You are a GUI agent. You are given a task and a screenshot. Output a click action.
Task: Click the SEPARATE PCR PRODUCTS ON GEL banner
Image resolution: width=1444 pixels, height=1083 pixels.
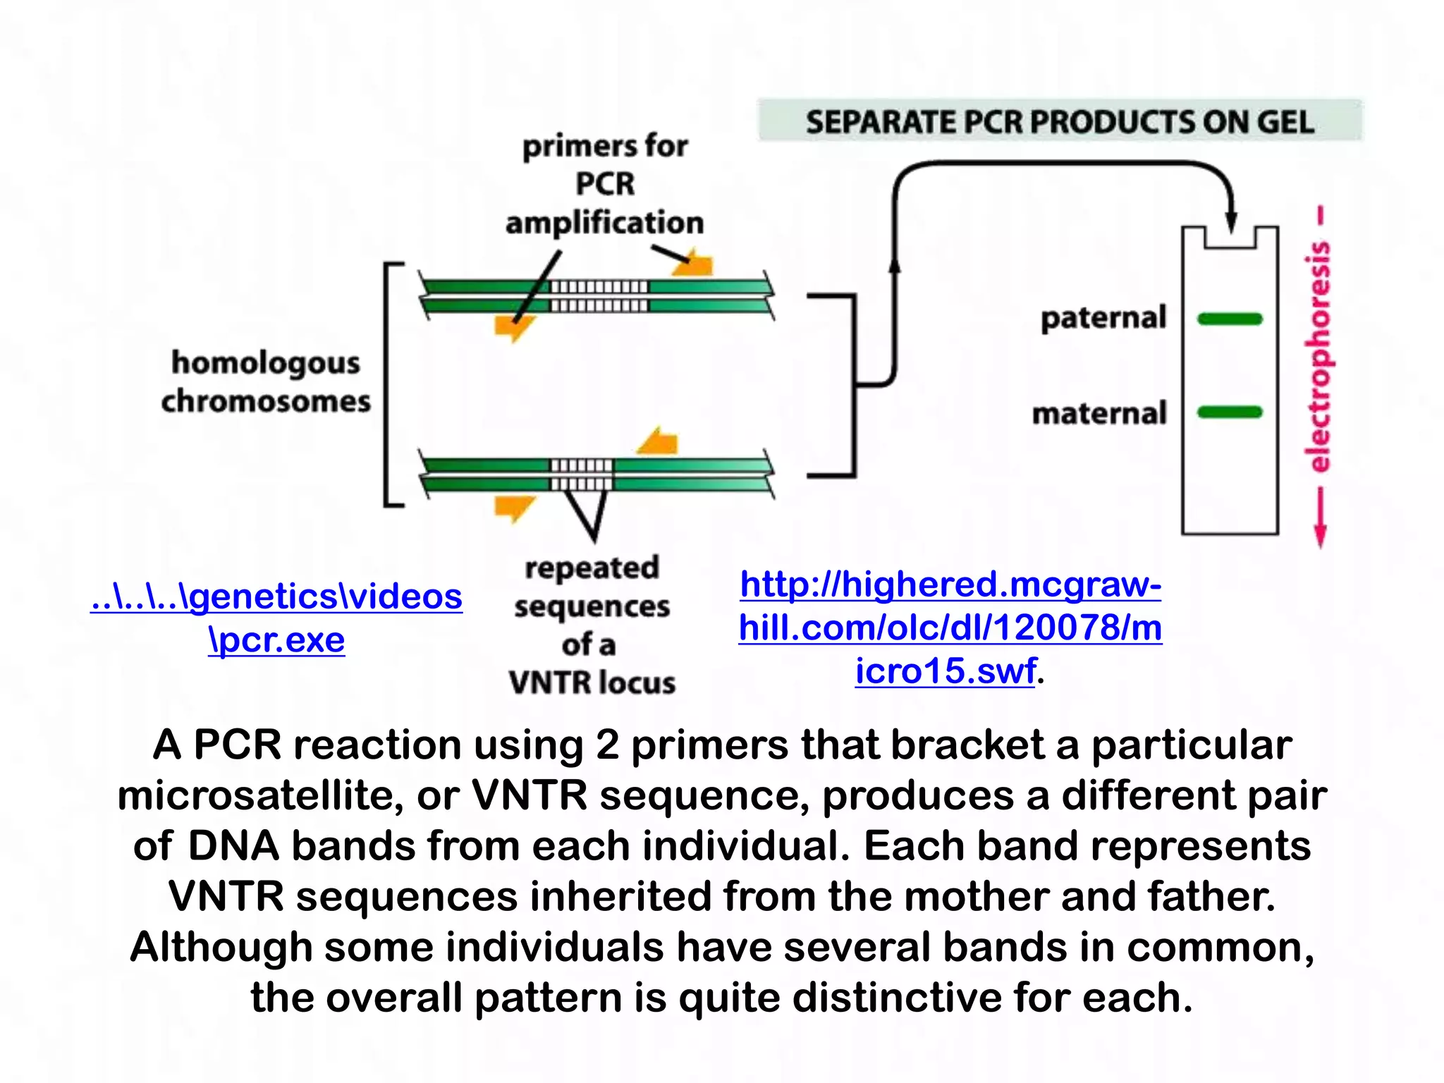click(x=1059, y=121)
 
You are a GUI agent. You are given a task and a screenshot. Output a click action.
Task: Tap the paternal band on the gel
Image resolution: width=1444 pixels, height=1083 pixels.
click(x=1230, y=319)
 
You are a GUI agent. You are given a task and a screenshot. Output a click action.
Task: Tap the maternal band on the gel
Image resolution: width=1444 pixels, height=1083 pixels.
click(x=1230, y=412)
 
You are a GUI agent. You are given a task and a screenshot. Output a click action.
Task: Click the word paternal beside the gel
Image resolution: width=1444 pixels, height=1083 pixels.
click(x=1103, y=318)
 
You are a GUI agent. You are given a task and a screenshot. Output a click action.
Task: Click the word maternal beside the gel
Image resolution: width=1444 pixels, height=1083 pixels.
click(x=1100, y=413)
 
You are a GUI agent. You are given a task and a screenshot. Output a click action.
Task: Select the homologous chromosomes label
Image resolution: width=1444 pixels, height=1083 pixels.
click(x=266, y=381)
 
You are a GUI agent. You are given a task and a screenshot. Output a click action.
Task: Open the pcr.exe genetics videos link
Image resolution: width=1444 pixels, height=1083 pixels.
click(x=276, y=618)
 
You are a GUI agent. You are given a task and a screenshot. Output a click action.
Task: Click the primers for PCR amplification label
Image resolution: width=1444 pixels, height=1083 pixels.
click(x=605, y=185)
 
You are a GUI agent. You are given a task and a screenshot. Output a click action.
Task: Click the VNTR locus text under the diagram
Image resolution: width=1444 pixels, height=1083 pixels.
click(x=592, y=682)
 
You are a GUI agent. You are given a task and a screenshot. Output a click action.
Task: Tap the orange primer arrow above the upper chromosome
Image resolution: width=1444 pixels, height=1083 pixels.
click(x=694, y=264)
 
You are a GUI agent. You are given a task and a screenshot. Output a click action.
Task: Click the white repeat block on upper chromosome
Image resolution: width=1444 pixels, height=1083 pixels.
click(x=599, y=295)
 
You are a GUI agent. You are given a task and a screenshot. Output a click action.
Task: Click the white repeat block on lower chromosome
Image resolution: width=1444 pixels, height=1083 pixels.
click(x=582, y=475)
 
